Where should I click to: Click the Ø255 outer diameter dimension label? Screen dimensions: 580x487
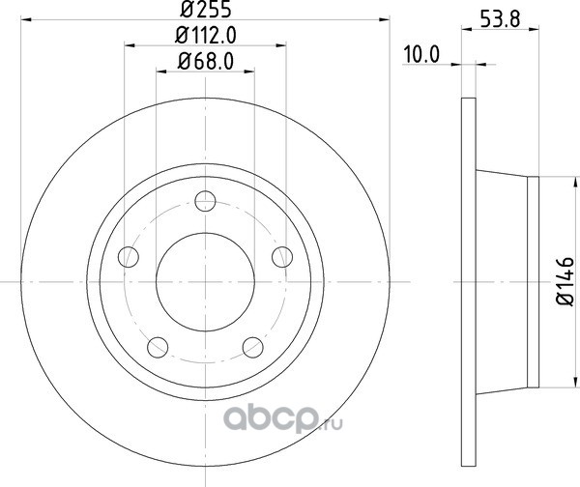[206, 9]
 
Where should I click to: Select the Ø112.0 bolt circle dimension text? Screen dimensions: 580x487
[206, 36]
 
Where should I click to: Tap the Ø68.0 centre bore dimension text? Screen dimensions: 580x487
[206, 61]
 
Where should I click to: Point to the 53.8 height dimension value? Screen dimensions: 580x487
[500, 19]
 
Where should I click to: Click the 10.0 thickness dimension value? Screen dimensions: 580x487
[421, 55]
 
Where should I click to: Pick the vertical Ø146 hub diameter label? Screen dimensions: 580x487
[565, 281]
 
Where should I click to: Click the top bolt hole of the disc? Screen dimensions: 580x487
[205, 201]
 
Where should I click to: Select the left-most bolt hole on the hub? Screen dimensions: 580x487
[129, 257]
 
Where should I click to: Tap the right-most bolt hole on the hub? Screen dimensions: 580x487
[282, 257]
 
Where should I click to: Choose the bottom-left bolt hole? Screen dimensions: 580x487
[158, 347]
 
